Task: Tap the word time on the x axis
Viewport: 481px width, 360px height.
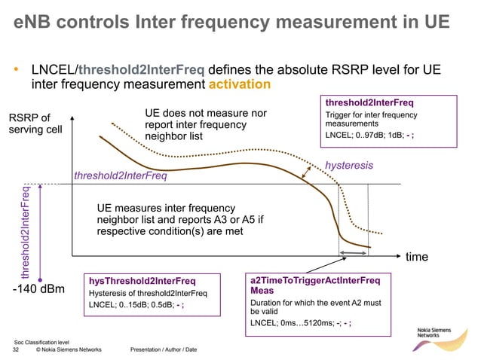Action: (418, 257)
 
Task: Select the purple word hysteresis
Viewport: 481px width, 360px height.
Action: (349, 165)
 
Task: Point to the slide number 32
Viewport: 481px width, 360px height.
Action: (17, 349)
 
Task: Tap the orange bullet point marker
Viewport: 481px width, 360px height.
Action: (17, 71)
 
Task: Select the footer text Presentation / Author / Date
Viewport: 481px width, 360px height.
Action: (164, 349)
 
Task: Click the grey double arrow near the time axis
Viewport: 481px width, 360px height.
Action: (353, 254)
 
